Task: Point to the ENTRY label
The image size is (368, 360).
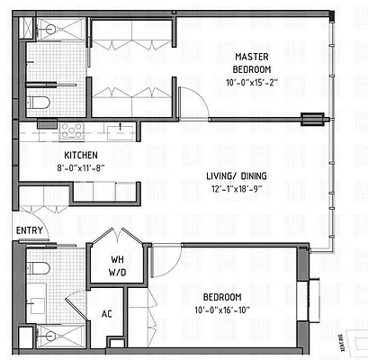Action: click(x=28, y=231)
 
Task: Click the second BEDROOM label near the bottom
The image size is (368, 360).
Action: click(x=221, y=298)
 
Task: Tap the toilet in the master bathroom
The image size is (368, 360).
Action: click(x=38, y=102)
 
